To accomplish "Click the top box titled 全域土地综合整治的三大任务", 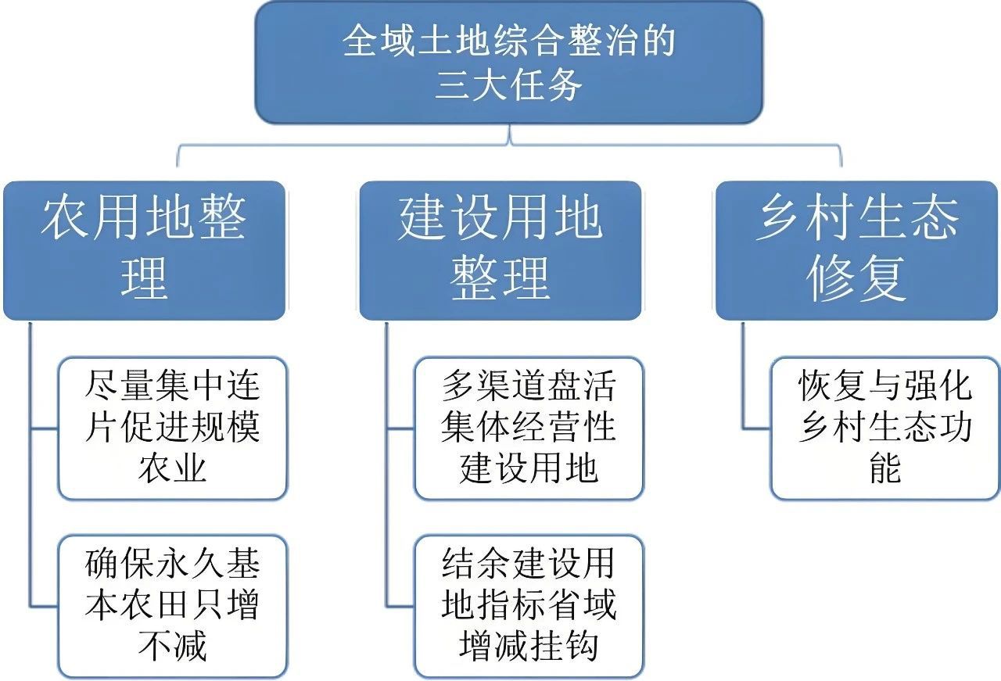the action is (508, 63).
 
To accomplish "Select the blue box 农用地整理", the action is (144, 250).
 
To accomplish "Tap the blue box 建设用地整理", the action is (500, 250).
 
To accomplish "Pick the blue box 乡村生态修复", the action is (856, 250).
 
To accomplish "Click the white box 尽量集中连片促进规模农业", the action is (173, 428).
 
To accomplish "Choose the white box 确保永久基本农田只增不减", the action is (173, 607).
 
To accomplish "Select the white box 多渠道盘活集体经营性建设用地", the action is (529, 428).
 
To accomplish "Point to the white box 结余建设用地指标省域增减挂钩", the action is (529, 607).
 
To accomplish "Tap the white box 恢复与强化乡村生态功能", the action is (884, 428).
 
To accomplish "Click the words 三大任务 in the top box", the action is (508, 84).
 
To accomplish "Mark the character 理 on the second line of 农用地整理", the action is (144, 278).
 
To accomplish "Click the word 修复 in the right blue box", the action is (856, 278).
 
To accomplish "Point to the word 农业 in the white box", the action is (173, 468).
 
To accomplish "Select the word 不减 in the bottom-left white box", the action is (173, 645).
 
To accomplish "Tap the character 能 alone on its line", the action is (885, 468).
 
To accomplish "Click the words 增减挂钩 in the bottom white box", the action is (529, 645).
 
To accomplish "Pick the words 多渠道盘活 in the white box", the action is (529, 385).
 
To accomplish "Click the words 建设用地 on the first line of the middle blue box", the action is (500, 217).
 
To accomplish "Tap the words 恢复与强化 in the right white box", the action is (885, 385).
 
